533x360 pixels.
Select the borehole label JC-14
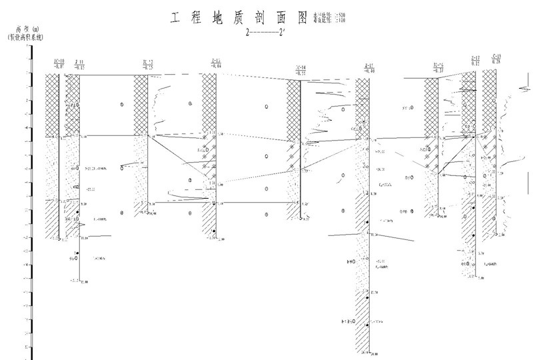pyautogui.click(x=300, y=69)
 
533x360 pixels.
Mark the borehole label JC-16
pyautogui.click(x=438, y=66)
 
